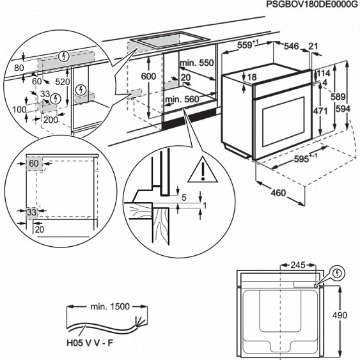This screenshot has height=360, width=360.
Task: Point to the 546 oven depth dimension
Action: coord(292,45)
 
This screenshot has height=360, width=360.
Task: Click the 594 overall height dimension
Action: coord(343,109)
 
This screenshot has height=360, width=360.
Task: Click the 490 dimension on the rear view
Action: coord(343,315)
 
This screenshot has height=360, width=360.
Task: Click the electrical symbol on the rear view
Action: coord(338,273)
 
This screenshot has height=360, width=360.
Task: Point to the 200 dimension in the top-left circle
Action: coord(50,120)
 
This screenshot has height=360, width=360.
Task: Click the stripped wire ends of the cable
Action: coord(134,322)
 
